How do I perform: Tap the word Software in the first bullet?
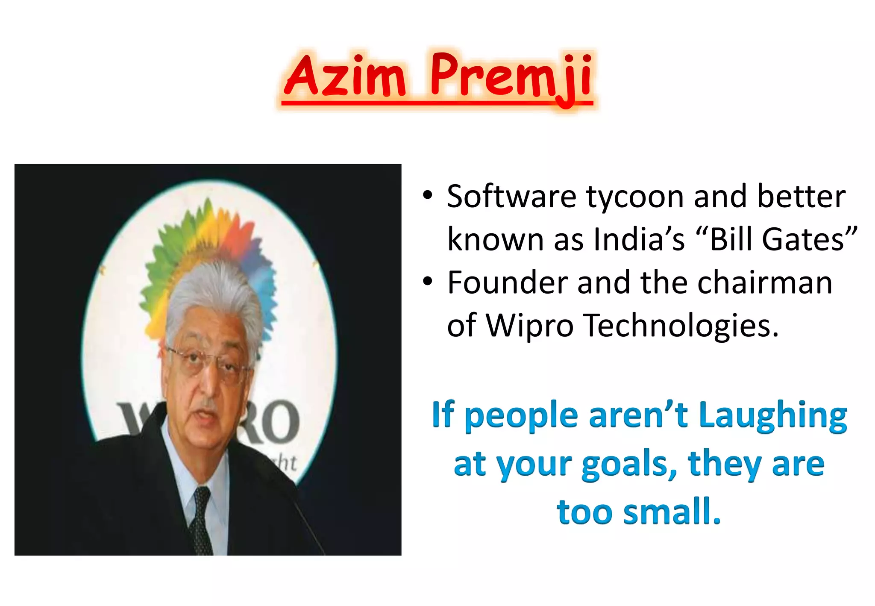point(511,197)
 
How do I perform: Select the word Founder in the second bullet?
point(508,283)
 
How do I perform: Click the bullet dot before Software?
point(428,196)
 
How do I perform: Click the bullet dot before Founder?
point(428,282)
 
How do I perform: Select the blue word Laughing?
point(773,415)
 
